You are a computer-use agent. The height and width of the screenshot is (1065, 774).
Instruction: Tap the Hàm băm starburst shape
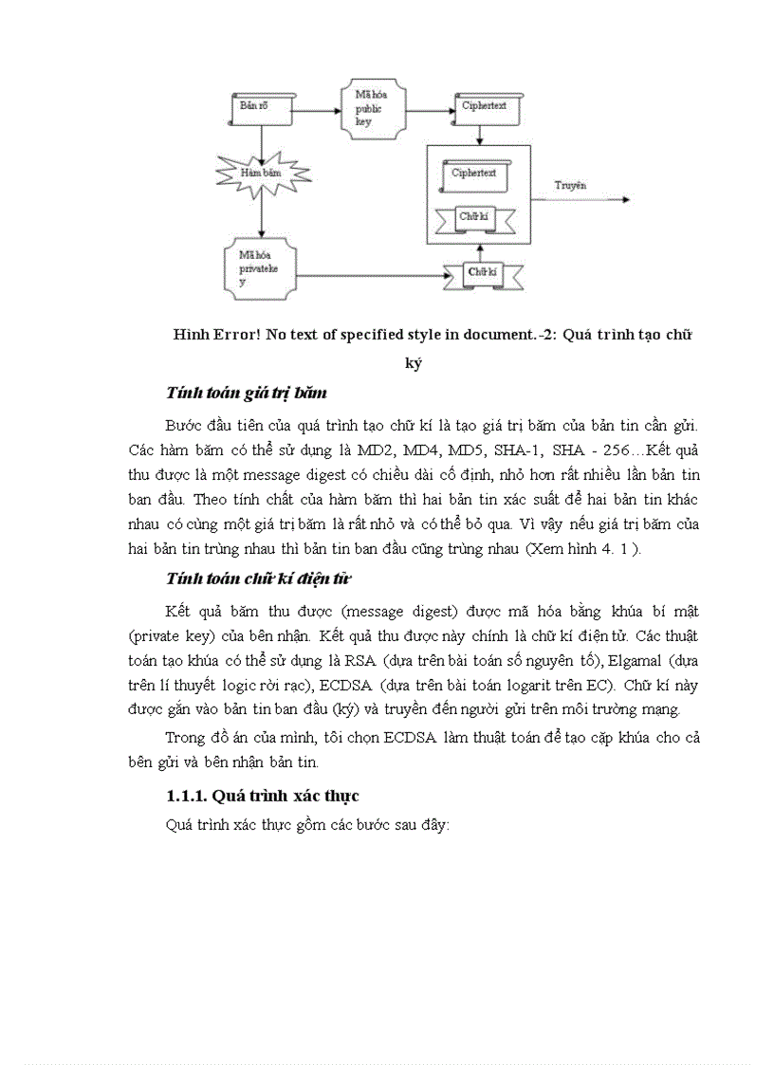(261, 174)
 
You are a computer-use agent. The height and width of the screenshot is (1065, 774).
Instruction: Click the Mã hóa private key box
(261, 269)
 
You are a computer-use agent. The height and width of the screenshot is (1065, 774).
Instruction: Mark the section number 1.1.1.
(186, 795)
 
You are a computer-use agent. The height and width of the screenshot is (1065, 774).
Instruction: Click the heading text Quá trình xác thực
(286, 795)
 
